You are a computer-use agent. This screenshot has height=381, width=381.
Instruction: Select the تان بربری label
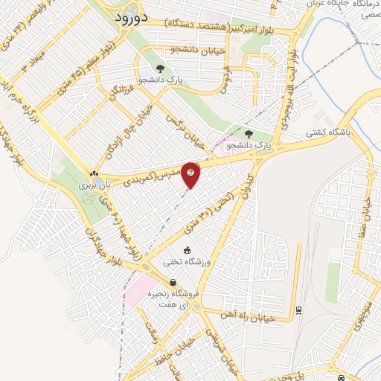coord(94,182)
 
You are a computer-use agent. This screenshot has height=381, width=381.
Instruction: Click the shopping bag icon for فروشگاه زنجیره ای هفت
coord(173,282)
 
